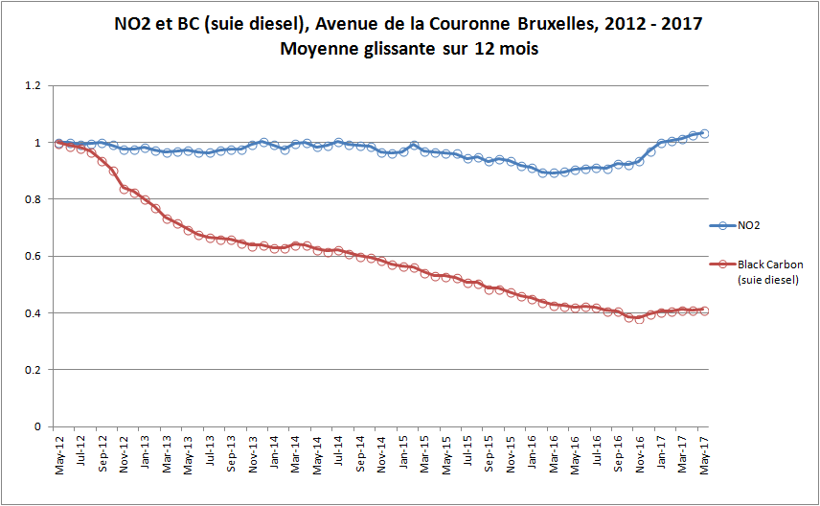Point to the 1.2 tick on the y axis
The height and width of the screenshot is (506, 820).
[34, 86]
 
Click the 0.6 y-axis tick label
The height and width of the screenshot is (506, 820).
[34, 257]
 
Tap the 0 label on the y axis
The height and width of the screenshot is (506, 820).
[37, 426]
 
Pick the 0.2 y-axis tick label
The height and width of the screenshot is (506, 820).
[34, 370]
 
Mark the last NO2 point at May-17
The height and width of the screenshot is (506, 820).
[704, 133]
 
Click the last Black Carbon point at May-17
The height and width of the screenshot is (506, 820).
[704, 310]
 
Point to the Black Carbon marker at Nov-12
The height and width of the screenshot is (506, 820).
[124, 189]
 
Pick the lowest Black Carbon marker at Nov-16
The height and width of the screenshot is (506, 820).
[640, 318]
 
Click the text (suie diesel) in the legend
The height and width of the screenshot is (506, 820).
[768, 280]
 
